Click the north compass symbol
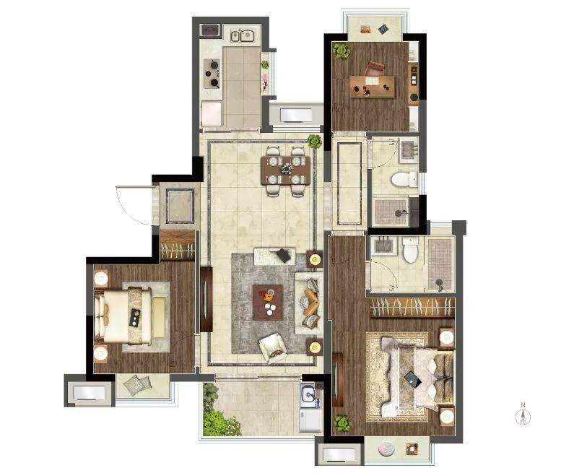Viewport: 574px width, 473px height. tap(523, 414)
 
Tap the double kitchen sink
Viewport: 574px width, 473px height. tap(243, 36)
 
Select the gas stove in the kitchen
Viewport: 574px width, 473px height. tap(212, 74)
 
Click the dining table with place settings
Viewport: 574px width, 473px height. tap(285, 170)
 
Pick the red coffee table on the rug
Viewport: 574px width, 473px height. tap(268, 303)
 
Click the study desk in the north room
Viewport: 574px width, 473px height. tap(372, 87)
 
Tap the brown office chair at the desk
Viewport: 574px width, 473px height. tap(375, 69)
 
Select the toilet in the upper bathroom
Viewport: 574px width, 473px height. tap(404, 179)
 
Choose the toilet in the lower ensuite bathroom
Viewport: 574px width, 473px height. tap(410, 250)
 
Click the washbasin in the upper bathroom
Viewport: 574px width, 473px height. tap(409, 150)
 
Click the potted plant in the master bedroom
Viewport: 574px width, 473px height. tap(343, 423)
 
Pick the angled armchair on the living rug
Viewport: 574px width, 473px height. tap(273, 348)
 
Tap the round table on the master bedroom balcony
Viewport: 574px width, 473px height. tap(385, 448)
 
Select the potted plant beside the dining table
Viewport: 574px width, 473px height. tap(314, 141)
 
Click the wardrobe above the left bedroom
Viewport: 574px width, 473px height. tap(178, 245)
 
